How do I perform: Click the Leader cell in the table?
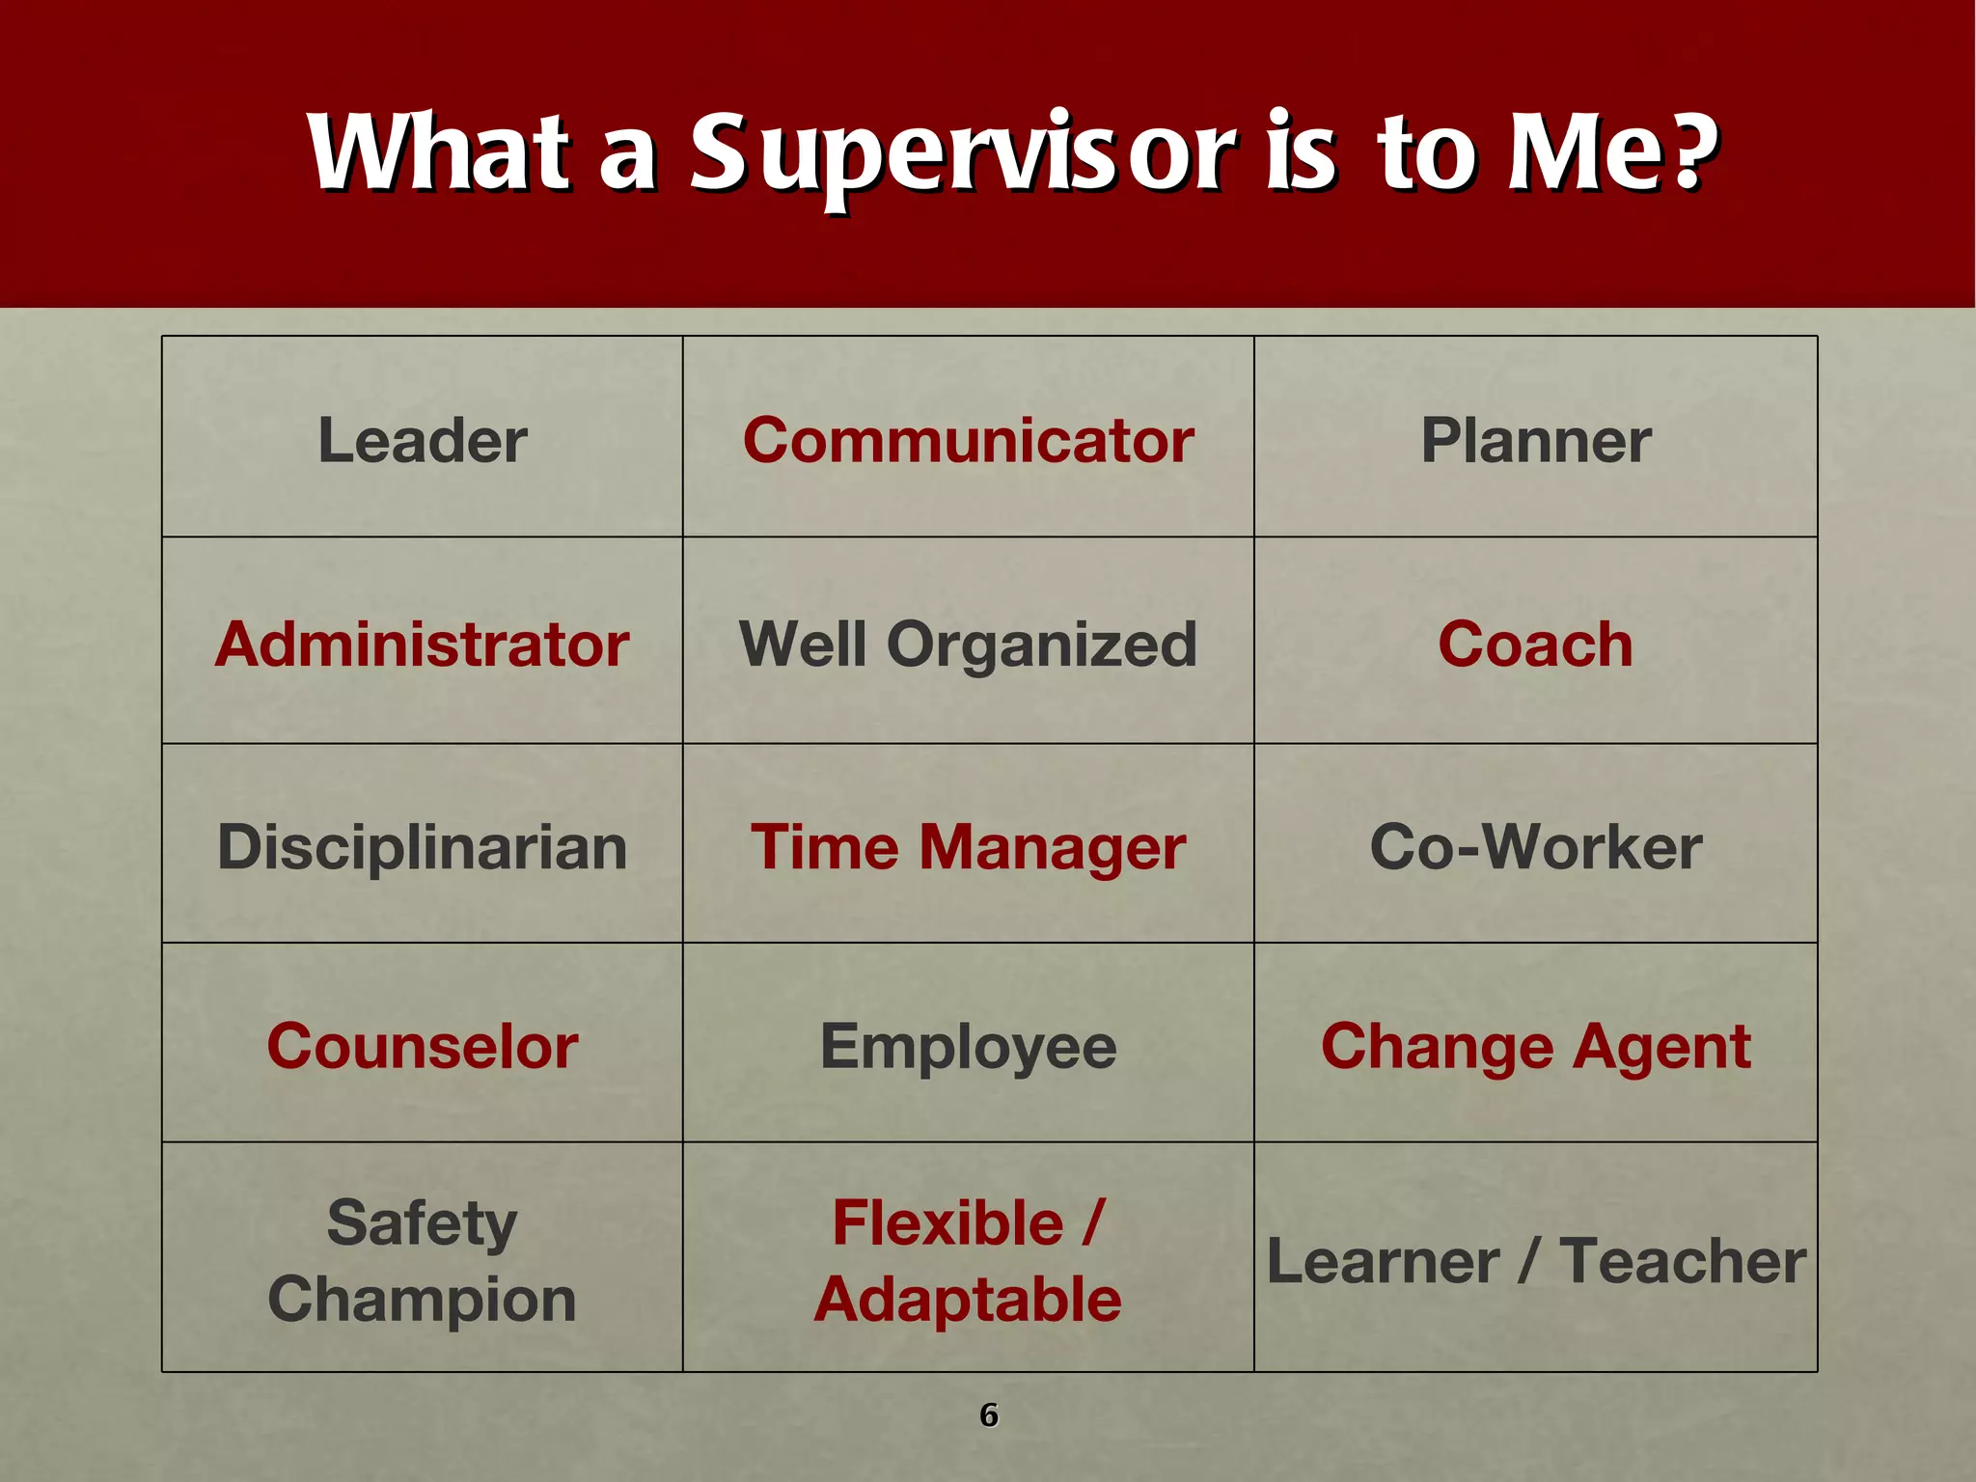click(423, 441)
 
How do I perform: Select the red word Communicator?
click(968, 441)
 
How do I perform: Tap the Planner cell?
click(1535, 441)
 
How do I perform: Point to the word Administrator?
click(423, 645)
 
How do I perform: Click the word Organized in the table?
click(1041, 645)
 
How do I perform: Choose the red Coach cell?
click(1535, 645)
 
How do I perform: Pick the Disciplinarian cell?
click(423, 847)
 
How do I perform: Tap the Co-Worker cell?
click(1535, 847)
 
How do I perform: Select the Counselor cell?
click(423, 1047)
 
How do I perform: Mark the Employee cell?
click(968, 1047)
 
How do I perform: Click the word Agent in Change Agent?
click(1661, 1047)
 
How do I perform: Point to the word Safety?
click(423, 1223)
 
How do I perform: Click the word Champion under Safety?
click(423, 1300)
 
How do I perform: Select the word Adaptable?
click(968, 1300)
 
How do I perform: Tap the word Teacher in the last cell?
click(1684, 1261)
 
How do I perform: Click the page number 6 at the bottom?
click(988, 1414)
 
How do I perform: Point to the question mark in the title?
click(1694, 150)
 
